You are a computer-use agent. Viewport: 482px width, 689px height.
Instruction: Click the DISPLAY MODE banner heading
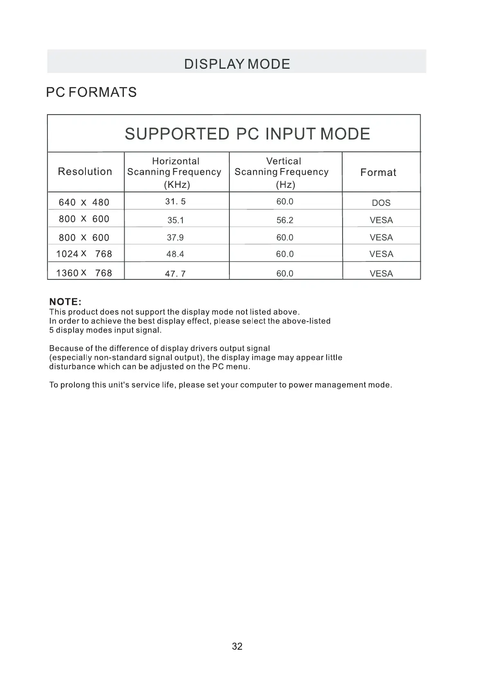237,64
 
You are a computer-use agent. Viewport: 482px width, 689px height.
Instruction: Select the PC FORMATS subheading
91,92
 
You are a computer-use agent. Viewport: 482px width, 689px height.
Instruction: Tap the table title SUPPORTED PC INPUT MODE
247,134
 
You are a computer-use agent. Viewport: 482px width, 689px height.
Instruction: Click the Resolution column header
85,171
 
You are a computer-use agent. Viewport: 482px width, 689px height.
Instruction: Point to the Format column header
378,172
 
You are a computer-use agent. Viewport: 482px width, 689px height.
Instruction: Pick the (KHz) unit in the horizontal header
177,185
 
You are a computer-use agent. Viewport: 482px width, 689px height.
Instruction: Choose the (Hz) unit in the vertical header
285,185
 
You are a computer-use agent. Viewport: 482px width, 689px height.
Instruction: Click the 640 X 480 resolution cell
84,202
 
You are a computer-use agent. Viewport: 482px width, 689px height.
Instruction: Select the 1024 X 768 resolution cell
84,254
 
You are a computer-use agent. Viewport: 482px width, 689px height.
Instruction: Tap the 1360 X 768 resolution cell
84,273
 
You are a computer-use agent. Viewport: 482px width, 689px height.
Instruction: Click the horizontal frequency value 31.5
175,201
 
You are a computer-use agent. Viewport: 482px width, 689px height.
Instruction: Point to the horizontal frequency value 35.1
175,220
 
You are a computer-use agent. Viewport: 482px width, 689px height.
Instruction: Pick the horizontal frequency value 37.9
175,237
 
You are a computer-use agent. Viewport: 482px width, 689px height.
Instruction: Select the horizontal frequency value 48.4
175,254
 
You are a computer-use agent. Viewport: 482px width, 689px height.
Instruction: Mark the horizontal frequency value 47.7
175,273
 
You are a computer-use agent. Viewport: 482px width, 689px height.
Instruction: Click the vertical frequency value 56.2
285,220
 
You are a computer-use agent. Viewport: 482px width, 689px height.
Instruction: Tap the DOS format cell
381,203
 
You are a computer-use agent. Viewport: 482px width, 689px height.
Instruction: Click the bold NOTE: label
65,302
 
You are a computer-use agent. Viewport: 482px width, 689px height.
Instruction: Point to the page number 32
237,646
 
